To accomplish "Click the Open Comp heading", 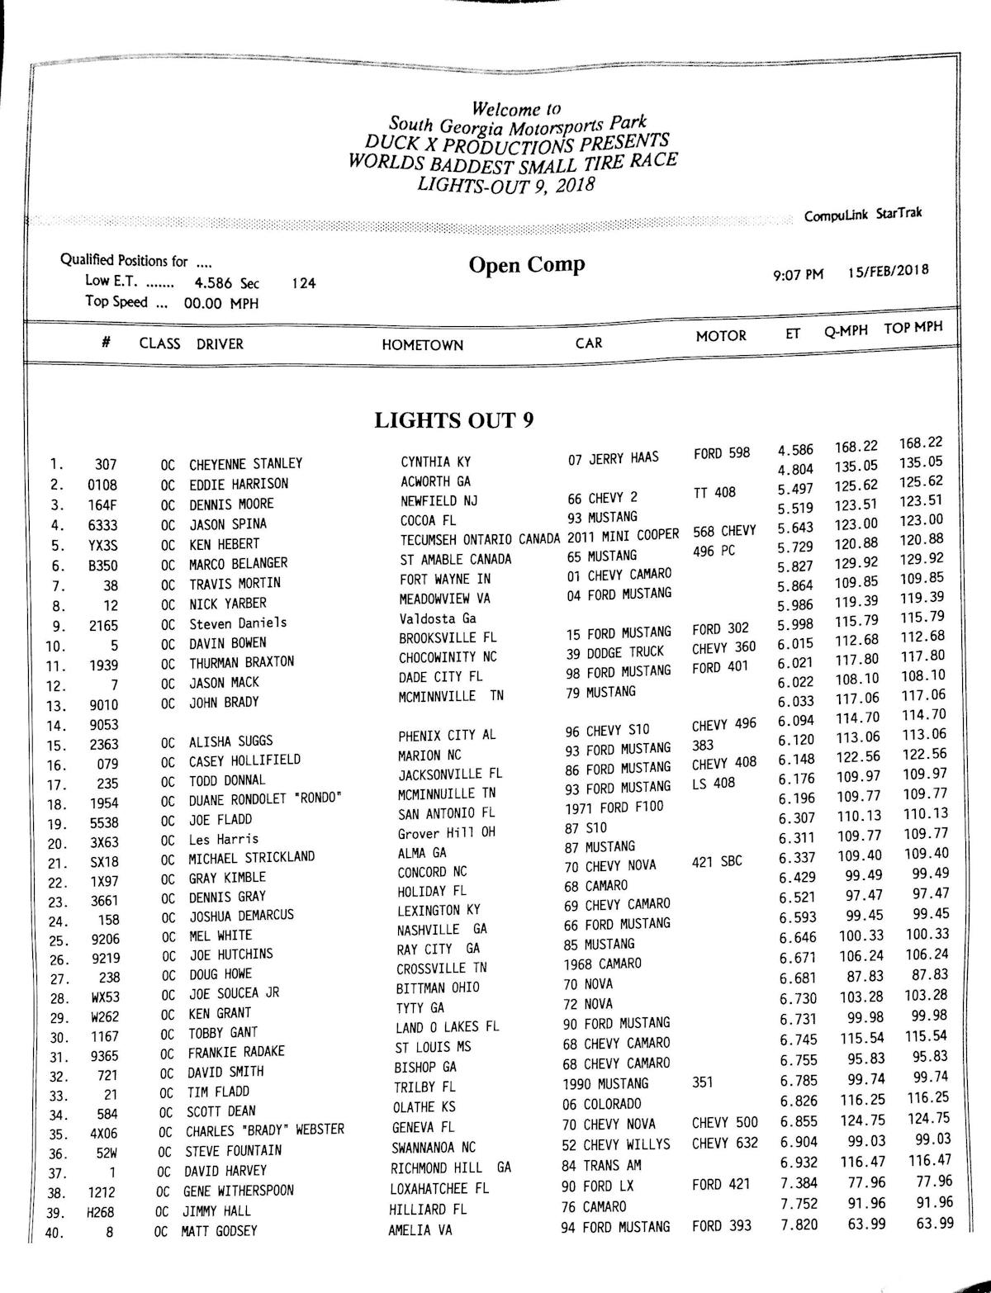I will (527, 265).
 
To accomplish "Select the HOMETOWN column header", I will (422, 345).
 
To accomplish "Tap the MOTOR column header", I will (720, 336).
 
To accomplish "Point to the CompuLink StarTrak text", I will (863, 215).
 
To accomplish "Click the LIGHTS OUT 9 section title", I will (453, 420).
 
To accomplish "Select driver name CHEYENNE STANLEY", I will (245, 464).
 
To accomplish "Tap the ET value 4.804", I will (795, 470).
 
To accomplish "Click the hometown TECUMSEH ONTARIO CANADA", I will (479, 539).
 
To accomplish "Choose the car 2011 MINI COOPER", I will (623, 535).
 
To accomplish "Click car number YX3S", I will (104, 545).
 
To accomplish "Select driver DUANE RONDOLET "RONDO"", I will (264, 799).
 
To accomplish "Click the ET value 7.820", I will (799, 1224).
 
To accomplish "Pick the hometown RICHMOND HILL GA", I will (450, 1168).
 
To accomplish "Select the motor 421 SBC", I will (717, 861).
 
